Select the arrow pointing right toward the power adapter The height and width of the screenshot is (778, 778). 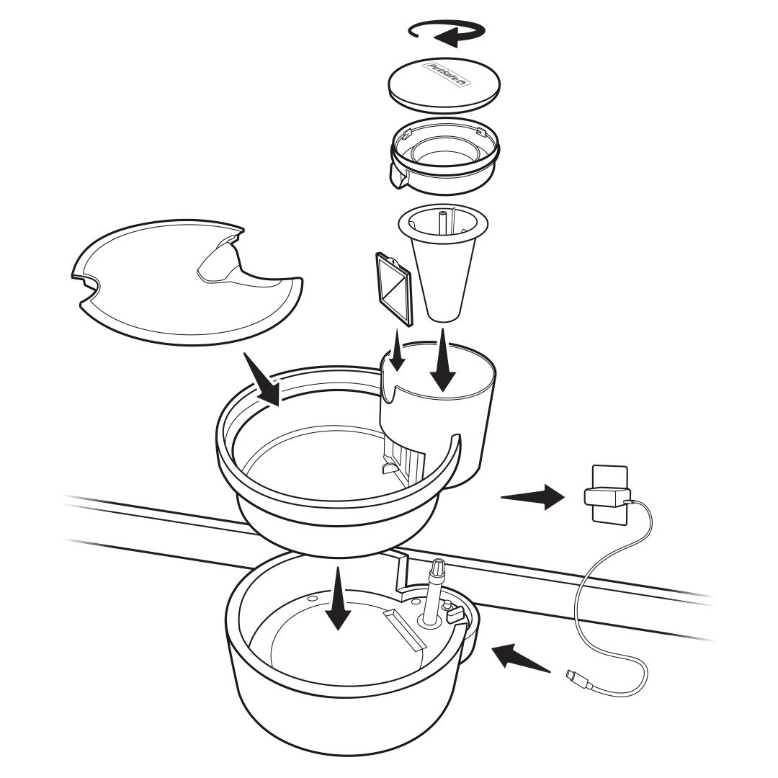click(533, 496)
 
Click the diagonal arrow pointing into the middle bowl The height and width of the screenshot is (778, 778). click(262, 380)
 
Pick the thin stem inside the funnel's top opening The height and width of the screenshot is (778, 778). click(441, 221)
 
